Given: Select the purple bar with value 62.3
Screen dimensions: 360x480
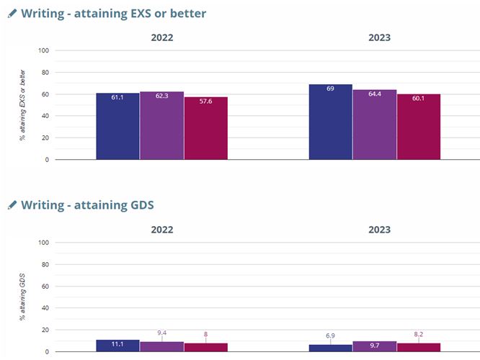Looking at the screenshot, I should point(161,125).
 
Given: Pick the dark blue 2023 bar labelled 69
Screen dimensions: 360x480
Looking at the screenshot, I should point(330,122).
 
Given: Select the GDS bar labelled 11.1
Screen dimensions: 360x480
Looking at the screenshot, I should point(117,346).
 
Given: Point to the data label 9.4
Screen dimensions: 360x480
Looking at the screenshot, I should point(162,333).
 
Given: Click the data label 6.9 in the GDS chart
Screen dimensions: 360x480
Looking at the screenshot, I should point(330,336).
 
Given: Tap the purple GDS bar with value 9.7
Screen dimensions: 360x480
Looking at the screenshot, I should point(374,346).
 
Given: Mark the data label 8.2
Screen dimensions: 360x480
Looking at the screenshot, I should point(419,335).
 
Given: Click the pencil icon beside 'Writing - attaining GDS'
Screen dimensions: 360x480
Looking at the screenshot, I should point(12,205).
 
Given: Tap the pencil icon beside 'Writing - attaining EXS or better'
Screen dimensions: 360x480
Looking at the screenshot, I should point(12,14).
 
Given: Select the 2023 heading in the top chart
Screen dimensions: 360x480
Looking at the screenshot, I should point(379,37).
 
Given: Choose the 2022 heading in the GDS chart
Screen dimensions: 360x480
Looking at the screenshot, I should point(161,230).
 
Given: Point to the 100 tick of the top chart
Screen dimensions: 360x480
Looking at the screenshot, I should point(43,50).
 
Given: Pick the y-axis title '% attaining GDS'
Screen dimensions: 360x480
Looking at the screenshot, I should point(23,297).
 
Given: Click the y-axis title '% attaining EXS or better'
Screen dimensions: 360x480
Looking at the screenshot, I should point(23,104).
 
